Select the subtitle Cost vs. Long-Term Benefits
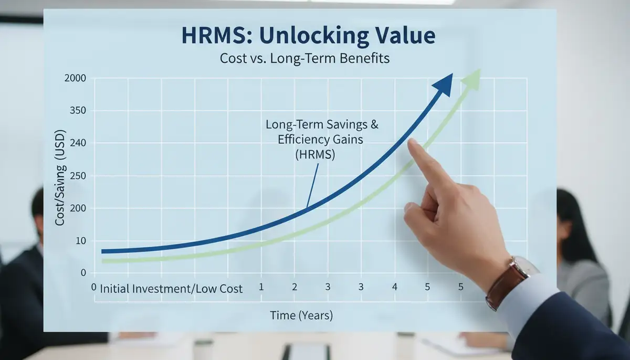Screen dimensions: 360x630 (x=305, y=58)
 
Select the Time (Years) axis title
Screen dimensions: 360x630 (x=301, y=315)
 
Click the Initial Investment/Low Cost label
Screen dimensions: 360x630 (x=171, y=288)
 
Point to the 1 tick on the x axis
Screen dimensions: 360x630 (x=261, y=287)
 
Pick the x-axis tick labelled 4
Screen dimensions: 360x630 (x=394, y=287)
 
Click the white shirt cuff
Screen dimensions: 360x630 (x=530, y=299)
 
